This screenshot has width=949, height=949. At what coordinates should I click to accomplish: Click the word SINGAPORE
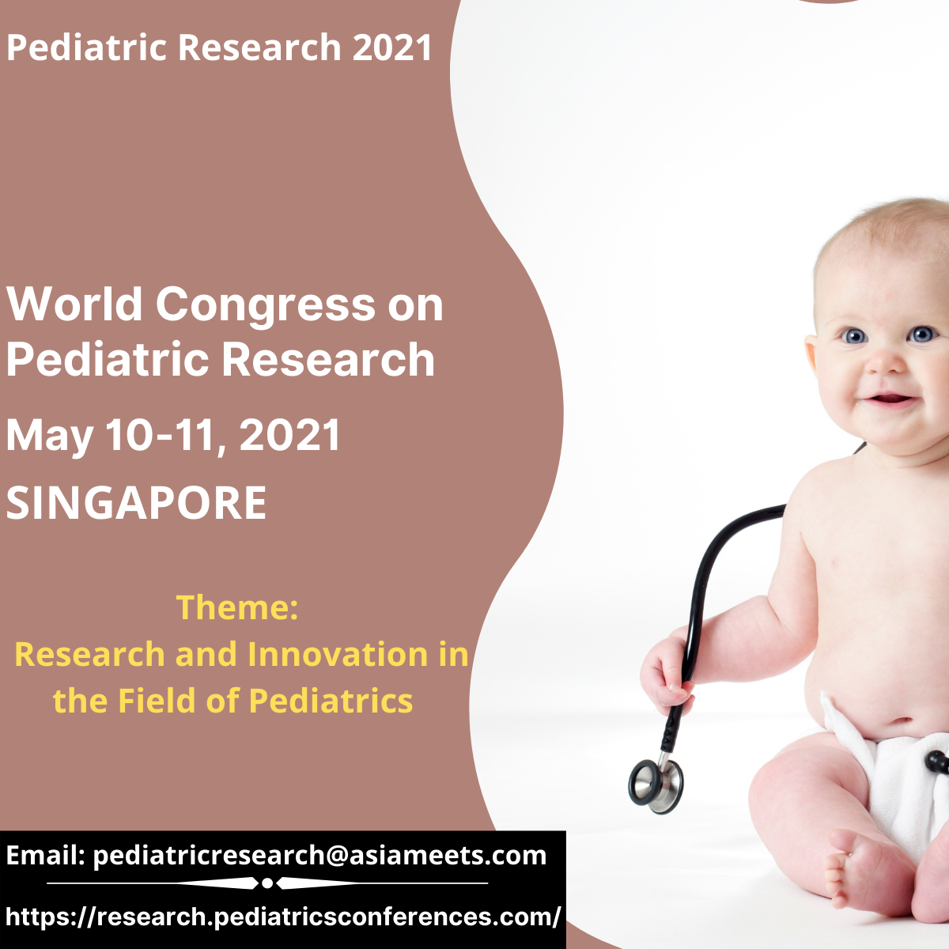coord(136,502)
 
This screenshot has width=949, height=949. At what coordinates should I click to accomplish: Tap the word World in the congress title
coord(74,304)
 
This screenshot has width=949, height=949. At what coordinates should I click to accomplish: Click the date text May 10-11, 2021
coord(173,435)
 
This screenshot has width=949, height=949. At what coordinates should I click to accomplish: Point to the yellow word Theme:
coord(237,607)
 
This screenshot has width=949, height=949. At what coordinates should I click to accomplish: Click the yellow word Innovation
coord(338,654)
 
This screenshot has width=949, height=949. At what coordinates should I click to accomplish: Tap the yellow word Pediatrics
coord(331,701)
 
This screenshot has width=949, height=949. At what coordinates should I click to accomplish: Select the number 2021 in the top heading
coord(391,47)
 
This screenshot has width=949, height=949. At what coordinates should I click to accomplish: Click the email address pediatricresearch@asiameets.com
coord(319,856)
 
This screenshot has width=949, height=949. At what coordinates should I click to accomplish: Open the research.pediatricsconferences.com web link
coord(283,917)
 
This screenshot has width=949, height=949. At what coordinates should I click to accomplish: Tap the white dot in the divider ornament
coord(267,883)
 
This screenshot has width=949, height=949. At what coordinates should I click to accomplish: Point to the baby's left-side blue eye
coord(854,336)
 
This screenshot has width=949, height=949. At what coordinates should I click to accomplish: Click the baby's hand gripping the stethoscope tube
coord(668,675)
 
